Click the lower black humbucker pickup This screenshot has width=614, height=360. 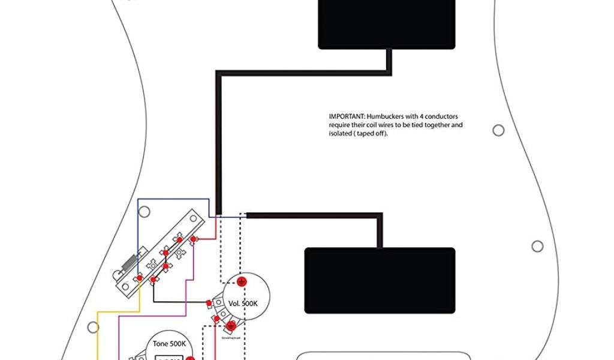(x=380, y=280)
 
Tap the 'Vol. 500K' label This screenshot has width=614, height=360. (x=243, y=304)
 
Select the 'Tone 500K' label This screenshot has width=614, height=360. (x=168, y=344)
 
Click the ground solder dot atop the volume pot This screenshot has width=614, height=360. (x=241, y=281)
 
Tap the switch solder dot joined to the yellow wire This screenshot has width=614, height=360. (x=140, y=278)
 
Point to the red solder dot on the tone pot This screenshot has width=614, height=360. (x=189, y=359)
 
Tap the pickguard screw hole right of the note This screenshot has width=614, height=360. (x=498, y=130)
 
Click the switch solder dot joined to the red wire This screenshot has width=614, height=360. (x=194, y=240)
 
